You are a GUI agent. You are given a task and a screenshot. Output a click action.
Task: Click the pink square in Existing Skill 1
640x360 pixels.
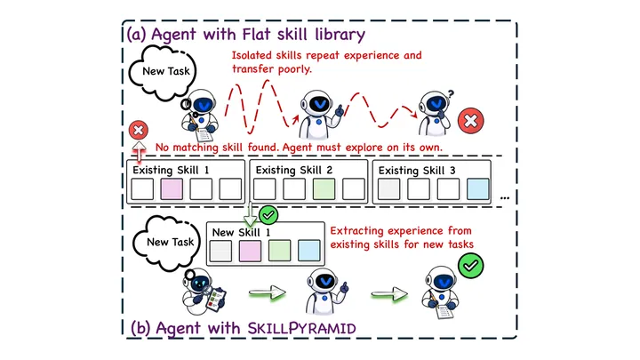tap(172, 189)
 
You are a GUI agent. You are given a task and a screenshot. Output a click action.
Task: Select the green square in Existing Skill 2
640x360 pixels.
tap(324, 189)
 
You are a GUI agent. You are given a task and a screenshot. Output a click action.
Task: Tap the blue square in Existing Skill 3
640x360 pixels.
tap(478, 189)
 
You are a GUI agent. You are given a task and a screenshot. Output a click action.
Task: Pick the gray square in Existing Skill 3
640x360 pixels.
tap(389, 189)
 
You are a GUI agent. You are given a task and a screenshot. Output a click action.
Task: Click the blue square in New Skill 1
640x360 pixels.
tap(309, 251)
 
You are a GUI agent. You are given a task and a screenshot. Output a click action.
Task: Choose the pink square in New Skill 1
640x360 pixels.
tap(250, 251)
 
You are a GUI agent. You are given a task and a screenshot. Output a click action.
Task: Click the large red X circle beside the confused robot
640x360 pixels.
tap(470, 121)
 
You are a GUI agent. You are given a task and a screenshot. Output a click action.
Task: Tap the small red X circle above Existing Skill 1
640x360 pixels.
tap(139, 130)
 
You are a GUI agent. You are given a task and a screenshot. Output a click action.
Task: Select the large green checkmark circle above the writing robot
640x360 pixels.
tap(470, 266)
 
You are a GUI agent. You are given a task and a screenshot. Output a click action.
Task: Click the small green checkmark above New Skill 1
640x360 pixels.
tap(268, 215)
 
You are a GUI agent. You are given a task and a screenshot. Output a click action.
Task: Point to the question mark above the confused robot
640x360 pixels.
tap(451, 94)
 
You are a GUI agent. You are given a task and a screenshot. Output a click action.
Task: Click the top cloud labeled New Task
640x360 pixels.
tap(164, 73)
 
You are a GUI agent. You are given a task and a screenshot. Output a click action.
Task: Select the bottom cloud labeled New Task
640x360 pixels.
tap(167, 244)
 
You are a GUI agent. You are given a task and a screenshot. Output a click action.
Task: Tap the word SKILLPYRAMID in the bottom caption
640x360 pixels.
tap(302, 328)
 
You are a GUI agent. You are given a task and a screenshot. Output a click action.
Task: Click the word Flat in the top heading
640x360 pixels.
tap(257, 34)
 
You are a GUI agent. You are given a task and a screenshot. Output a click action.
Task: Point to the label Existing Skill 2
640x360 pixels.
tap(294, 170)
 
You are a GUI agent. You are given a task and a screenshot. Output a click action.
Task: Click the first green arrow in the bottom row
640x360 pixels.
tap(268, 292)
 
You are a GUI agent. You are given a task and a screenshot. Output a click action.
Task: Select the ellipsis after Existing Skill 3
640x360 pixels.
tap(505, 198)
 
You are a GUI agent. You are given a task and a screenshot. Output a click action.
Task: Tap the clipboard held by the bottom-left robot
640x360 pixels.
tap(216, 300)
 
